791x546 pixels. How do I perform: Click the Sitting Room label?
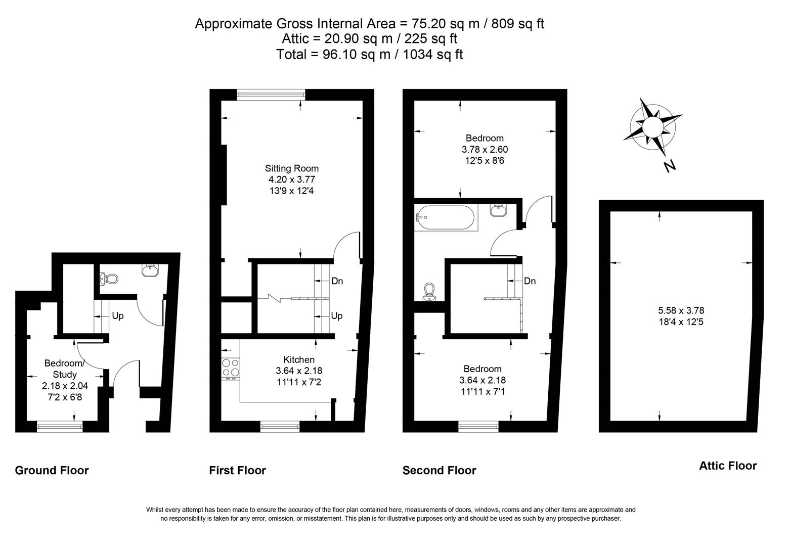click(x=292, y=168)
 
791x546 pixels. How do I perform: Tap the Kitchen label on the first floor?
click(x=298, y=359)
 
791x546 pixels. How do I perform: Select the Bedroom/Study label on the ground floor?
click(x=65, y=369)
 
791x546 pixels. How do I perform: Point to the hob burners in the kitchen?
click(x=231, y=368)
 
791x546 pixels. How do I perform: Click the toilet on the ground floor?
click(x=110, y=279)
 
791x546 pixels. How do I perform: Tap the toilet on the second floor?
click(x=429, y=292)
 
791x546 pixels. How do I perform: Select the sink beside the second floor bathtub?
click(x=499, y=210)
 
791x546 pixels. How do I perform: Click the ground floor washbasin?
click(x=150, y=271)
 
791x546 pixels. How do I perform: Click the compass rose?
click(x=652, y=125)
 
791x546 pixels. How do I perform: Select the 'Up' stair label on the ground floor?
click(x=117, y=316)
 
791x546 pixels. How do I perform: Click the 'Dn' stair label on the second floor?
click(x=530, y=281)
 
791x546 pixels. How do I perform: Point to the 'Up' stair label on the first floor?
click(x=336, y=316)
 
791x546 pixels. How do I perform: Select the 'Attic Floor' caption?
click(x=727, y=466)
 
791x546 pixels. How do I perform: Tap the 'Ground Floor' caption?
click(x=52, y=470)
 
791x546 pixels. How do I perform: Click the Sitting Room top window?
click(x=271, y=94)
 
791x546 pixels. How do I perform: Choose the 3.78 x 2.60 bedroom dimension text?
click(x=484, y=150)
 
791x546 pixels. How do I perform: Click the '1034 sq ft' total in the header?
click(x=432, y=54)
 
